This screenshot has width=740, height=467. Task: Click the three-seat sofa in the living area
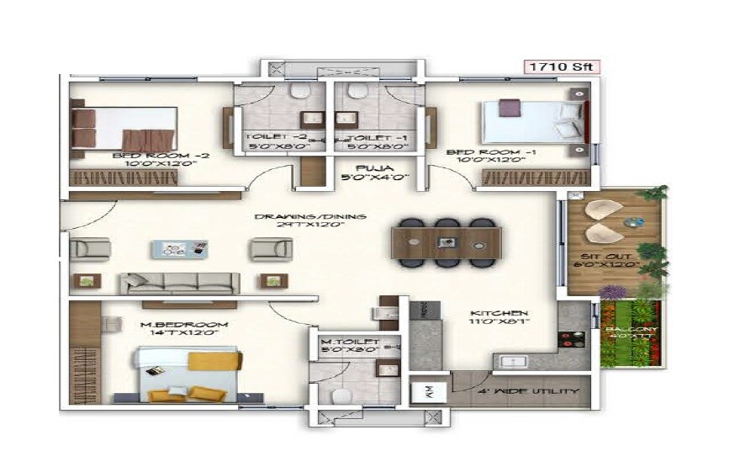tap(175, 283)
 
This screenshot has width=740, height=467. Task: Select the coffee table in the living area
tap(179, 249)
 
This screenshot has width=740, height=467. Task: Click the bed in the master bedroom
tap(188, 376)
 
